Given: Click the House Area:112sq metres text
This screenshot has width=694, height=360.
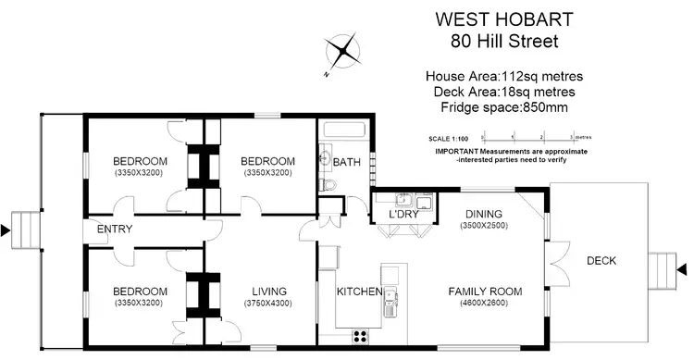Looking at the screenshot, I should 503,76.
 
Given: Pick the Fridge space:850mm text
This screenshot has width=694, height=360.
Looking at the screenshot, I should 503,107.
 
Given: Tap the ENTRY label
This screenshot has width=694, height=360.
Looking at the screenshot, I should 114,230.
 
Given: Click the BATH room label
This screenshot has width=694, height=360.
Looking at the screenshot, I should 347,162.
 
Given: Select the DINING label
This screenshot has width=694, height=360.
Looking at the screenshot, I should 484,213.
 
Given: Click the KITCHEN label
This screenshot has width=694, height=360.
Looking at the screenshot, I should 359,292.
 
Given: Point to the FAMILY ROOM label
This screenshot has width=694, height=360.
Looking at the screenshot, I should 485,292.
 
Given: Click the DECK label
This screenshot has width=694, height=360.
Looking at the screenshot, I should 601,261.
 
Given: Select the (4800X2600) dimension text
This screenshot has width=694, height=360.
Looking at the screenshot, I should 485,303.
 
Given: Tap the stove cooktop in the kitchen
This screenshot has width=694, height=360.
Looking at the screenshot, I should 360,336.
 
